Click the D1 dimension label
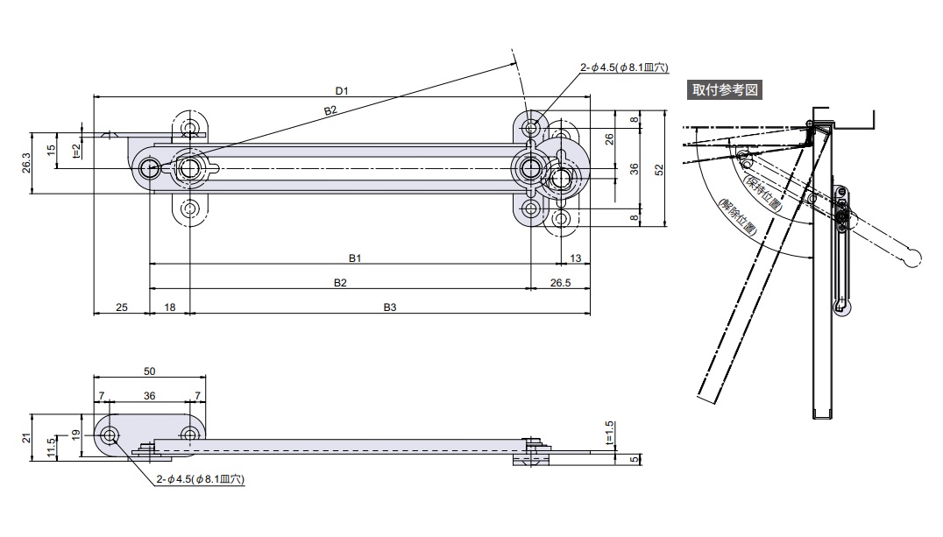(x=342, y=89)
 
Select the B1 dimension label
(x=355, y=258)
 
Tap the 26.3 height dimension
(x=25, y=163)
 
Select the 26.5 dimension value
(x=561, y=283)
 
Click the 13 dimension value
(x=576, y=258)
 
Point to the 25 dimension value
(x=122, y=307)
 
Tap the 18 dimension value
(x=170, y=307)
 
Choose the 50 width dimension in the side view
(x=149, y=371)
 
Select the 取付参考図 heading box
(x=725, y=89)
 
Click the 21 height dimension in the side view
(x=26, y=437)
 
